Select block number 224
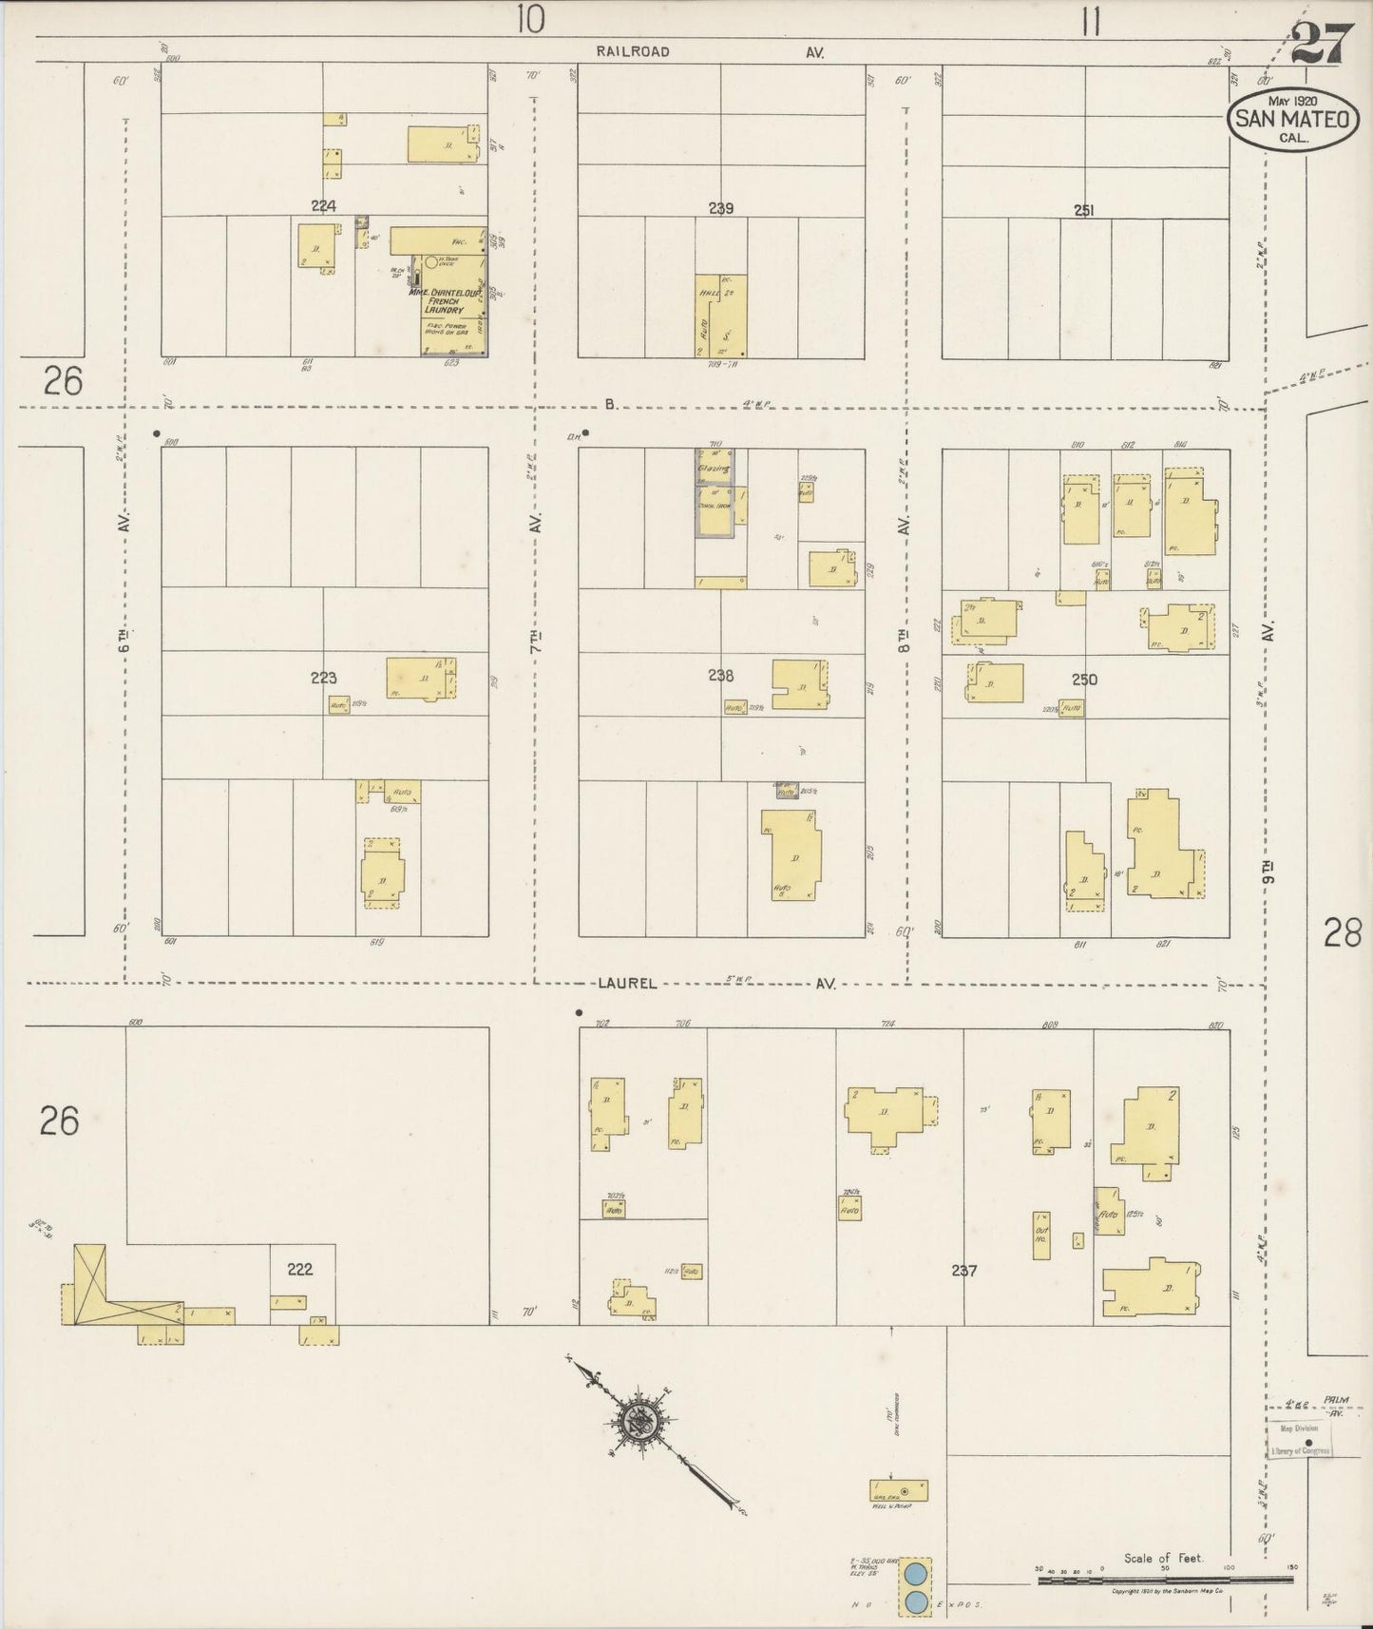click(325, 205)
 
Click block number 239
click(720, 208)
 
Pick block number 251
click(1083, 210)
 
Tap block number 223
click(323, 678)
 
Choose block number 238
click(720, 675)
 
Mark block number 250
click(1084, 680)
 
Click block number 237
click(963, 1270)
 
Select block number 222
click(299, 1268)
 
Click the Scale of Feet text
click(1163, 1558)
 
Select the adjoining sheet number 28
click(1343, 934)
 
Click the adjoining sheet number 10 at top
click(531, 19)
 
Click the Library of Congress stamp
click(1301, 1441)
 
